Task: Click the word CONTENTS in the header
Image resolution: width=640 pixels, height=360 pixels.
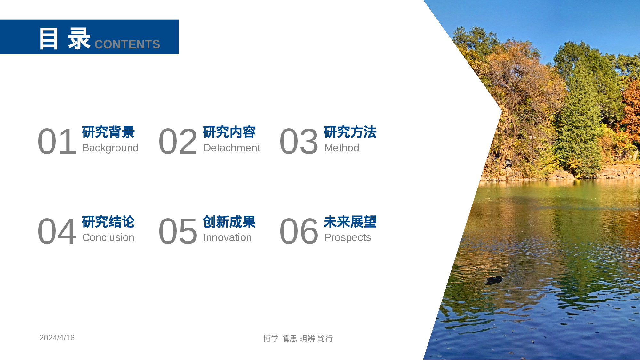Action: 127,44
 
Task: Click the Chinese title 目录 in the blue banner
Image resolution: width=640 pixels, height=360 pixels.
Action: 65,38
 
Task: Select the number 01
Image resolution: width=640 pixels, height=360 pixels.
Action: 57,141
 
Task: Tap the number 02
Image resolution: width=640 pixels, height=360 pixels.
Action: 178,141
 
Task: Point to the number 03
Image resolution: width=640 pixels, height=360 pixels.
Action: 299,141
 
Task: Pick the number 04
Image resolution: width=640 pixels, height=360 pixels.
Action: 57,231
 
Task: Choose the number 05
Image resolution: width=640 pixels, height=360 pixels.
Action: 178,231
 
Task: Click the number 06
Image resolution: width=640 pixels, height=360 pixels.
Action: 299,231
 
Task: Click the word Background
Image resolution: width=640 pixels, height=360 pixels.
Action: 110,148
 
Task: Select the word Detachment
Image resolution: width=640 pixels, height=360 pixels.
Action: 232,148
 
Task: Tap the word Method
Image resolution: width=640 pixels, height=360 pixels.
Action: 341,148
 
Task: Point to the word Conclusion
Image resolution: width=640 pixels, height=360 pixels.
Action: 108,237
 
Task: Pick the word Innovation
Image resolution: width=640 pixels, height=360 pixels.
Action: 227,237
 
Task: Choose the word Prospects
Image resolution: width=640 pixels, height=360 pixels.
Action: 348,237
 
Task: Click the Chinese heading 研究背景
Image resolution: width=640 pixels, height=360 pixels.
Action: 108,132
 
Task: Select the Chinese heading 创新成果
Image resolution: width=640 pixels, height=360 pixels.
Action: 229,222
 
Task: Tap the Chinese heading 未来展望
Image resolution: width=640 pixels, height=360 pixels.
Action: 350,222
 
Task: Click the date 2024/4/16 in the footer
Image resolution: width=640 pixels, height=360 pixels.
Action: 57,338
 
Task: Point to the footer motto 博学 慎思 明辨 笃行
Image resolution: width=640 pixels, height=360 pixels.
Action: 298,339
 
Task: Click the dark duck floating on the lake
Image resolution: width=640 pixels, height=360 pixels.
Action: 494,280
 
